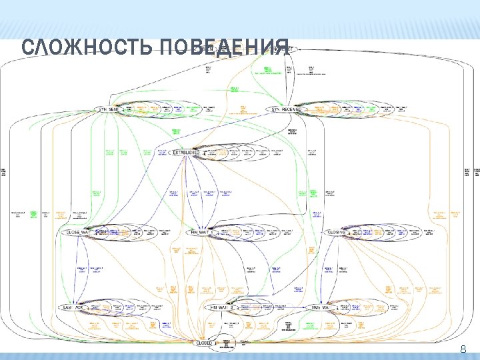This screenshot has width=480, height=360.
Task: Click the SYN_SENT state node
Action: click(108, 109)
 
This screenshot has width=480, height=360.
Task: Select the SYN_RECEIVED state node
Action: click(287, 109)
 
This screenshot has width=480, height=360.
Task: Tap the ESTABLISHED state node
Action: click(186, 153)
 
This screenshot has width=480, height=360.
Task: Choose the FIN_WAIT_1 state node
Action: click(200, 233)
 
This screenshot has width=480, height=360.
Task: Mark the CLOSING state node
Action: click(337, 233)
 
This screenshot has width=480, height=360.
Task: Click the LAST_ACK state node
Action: click(73, 308)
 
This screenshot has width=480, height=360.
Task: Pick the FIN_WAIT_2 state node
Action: click(222, 308)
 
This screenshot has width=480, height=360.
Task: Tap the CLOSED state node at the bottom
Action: click(204, 343)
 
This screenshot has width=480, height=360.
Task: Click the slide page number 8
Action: click(463, 349)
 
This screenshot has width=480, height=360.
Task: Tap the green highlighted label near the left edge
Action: click(32, 214)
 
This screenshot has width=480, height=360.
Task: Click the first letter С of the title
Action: click(27, 48)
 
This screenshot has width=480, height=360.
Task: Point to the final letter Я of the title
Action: click(283, 48)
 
